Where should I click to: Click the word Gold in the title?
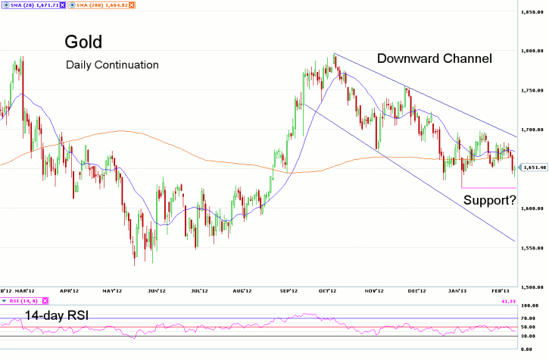pos(83,41)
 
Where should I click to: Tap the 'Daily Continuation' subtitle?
pos(112,65)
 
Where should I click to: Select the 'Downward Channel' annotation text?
pos(435,58)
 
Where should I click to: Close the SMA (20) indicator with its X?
pos(61,5)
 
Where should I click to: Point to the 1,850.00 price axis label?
pos(533,12)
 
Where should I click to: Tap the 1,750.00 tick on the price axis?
pos(533,91)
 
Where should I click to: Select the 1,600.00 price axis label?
pos(533,208)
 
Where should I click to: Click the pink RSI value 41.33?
pos(535,301)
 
